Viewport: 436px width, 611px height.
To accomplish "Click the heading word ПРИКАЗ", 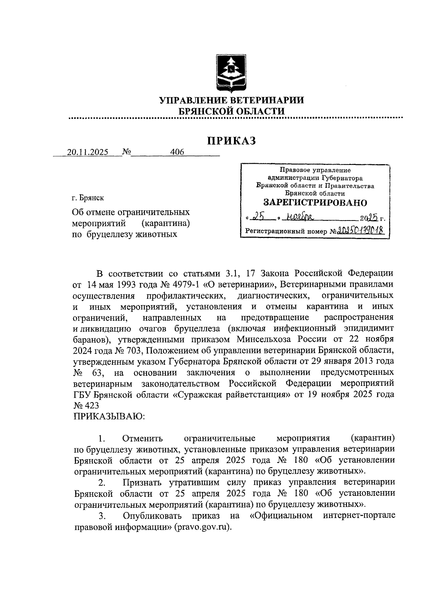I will [x=231, y=141].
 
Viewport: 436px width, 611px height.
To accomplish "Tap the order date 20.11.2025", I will [x=87, y=153].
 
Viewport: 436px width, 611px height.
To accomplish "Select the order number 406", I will [x=177, y=152].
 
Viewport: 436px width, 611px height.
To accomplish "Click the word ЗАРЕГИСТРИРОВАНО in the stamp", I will [x=315, y=203].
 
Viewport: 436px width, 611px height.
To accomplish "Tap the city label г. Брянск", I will [x=88, y=198].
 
